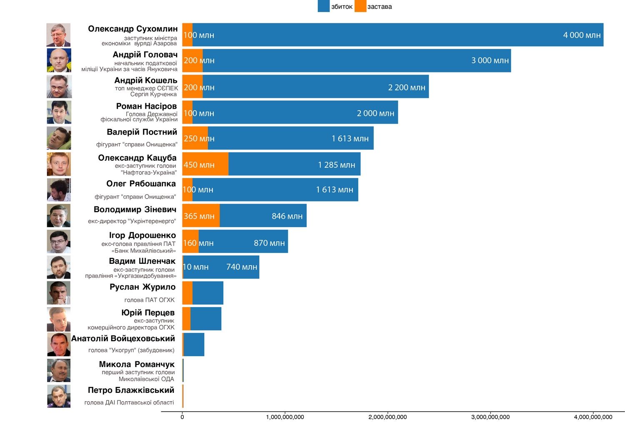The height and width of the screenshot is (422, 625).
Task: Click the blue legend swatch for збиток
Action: (x=323, y=6)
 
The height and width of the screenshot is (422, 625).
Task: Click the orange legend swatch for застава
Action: (x=360, y=6)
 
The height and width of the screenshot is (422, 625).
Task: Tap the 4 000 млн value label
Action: (x=582, y=35)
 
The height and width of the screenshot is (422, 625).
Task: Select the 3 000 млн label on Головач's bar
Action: (x=490, y=61)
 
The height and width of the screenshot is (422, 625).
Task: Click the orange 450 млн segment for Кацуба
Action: (x=205, y=164)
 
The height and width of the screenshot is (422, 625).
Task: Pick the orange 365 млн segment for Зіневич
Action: (x=201, y=216)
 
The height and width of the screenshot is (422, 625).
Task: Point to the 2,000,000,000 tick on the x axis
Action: (x=387, y=417)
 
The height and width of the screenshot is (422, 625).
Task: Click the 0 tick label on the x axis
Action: (x=182, y=417)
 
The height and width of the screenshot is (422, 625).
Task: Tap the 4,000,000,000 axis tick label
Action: (x=593, y=417)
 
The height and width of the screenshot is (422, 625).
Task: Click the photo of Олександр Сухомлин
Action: (x=58, y=35)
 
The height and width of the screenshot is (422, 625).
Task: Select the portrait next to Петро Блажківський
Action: (x=59, y=396)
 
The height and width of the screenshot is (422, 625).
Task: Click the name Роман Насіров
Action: (x=146, y=107)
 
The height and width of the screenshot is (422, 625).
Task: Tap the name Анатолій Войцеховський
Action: (x=123, y=339)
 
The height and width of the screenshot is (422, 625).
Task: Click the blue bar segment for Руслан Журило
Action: (x=207, y=293)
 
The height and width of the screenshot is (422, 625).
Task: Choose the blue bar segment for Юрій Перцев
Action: (x=205, y=319)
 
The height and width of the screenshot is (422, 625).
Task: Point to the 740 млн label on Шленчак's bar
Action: (x=242, y=267)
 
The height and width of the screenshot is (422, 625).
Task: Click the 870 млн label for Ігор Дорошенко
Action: (x=269, y=243)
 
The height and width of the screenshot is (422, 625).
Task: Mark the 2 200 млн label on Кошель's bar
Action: (x=407, y=87)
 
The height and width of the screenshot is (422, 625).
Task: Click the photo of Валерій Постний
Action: (x=59, y=138)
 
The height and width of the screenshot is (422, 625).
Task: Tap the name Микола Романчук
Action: (x=137, y=365)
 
